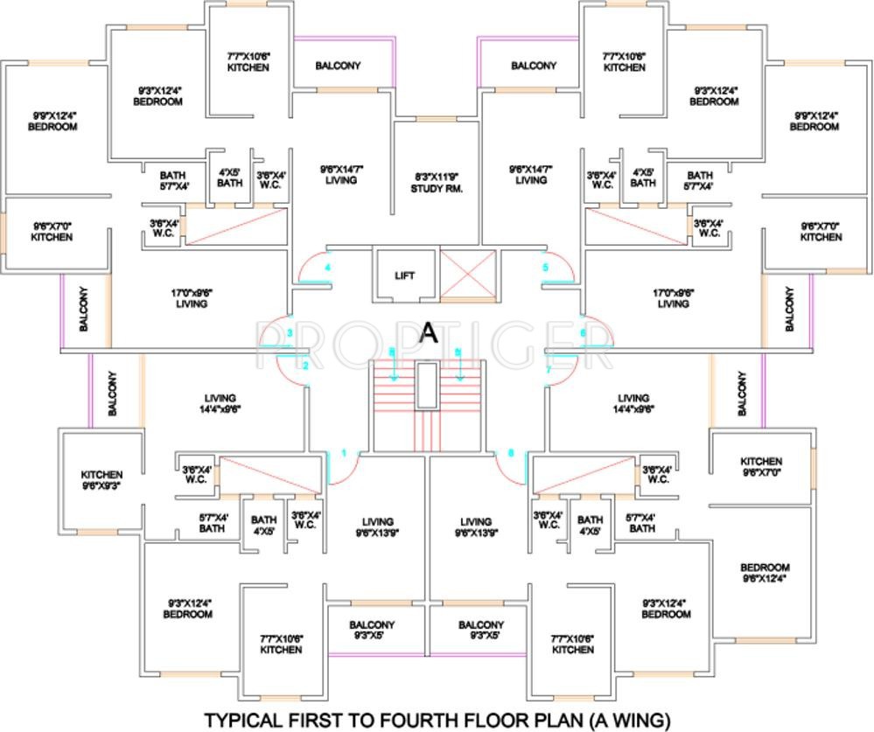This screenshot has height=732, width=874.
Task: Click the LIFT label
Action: click(x=404, y=276)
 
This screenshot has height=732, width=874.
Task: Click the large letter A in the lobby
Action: click(x=429, y=332)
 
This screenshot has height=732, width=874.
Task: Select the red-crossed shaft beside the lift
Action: click(x=466, y=275)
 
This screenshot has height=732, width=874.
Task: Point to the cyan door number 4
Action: click(x=328, y=267)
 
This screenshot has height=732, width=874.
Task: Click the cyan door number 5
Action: click(x=545, y=267)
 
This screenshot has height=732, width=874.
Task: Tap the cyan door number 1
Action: click(x=344, y=453)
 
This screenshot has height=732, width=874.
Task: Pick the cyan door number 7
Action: click(x=549, y=370)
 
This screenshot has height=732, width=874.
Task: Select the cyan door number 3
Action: click(x=290, y=333)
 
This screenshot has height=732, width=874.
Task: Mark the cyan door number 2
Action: click(x=305, y=366)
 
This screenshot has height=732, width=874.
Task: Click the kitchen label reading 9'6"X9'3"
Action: click(x=101, y=481)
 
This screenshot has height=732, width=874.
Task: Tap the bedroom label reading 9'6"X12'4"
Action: click(x=765, y=573)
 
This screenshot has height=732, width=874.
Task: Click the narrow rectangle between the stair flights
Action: click(x=426, y=385)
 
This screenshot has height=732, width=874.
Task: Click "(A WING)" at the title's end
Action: click(x=629, y=720)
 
